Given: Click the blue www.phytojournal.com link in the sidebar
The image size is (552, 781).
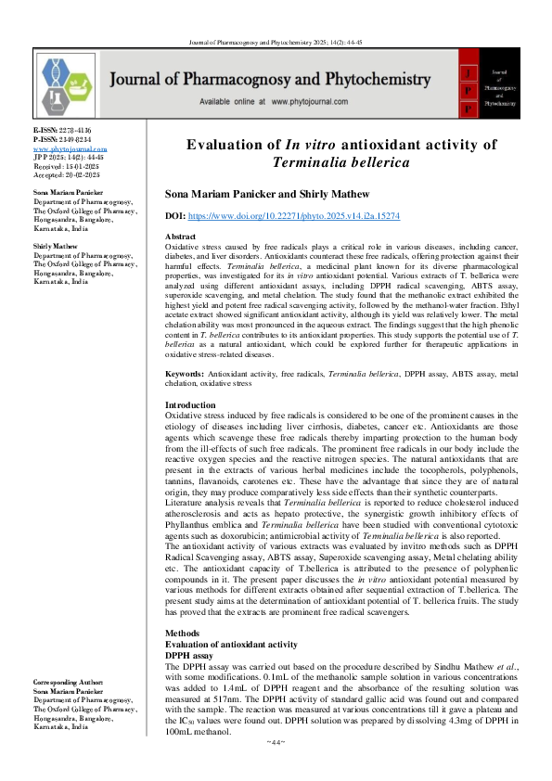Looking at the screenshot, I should tap(71, 148).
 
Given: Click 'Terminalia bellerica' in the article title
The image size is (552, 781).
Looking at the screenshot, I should tap(341, 161).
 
